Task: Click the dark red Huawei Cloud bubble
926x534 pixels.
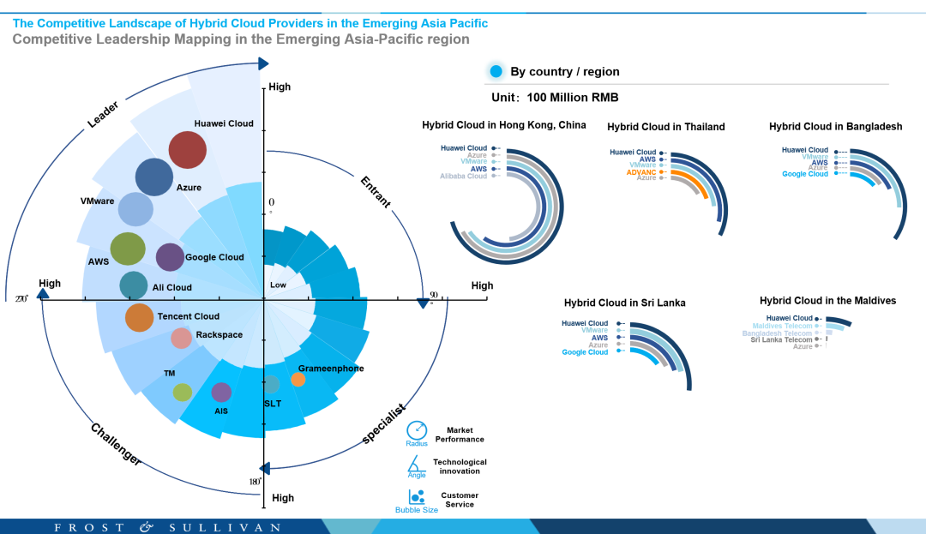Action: [187, 150]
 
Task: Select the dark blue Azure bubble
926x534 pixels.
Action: [154, 177]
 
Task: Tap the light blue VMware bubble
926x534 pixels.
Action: [135, 209]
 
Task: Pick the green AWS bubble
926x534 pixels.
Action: [128, 249]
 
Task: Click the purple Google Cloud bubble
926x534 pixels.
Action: [170, 257]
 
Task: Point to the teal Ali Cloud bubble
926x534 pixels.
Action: [133, 285]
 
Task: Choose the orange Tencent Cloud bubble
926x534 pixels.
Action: [139, 317]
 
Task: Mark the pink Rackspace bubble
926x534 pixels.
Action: [181, 339]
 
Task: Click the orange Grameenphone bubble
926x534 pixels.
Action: [298, 379]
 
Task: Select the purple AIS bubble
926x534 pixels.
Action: [221, 393]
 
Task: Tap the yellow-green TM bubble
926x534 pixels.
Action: [182, 393]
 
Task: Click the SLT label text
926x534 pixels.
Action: [271, 403]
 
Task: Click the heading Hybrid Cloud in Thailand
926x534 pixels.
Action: [665, 127]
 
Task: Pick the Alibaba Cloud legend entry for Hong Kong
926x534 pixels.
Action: [464, 176]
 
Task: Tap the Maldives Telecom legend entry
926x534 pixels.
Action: [782, 326]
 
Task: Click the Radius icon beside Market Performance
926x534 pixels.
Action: [417, 430]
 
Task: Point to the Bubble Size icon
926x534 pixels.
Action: [417, 497]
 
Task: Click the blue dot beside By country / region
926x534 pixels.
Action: [494, 71]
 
